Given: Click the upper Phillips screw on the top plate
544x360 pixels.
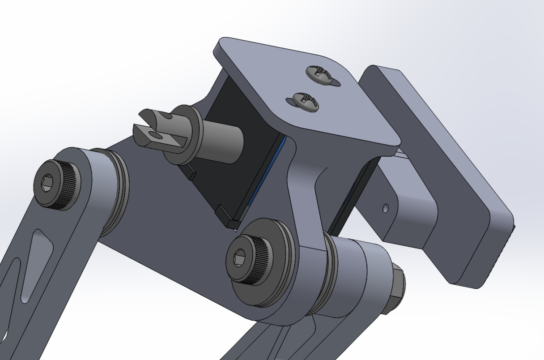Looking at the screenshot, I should click(x=320, y=74).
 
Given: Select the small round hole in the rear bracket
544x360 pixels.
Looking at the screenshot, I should click(x=386, y=208).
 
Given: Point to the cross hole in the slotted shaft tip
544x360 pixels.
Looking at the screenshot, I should click(x=155, y=134).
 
